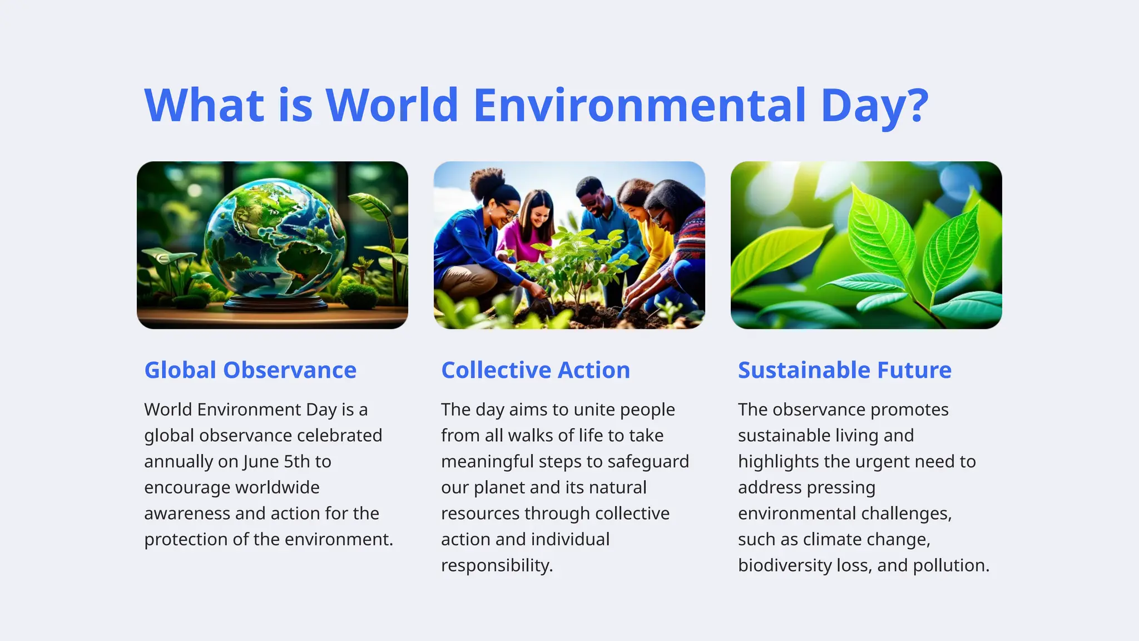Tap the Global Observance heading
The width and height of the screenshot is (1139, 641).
(x=250, y=370)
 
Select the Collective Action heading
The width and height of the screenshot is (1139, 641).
(x=536, y=370)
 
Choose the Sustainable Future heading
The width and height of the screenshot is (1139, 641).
(x=844, y=370)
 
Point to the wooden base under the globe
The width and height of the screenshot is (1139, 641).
(x=276, y=303)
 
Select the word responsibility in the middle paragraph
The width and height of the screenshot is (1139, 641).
(x=497, y=566)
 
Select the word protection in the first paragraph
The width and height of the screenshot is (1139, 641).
(x=185, y=540)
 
